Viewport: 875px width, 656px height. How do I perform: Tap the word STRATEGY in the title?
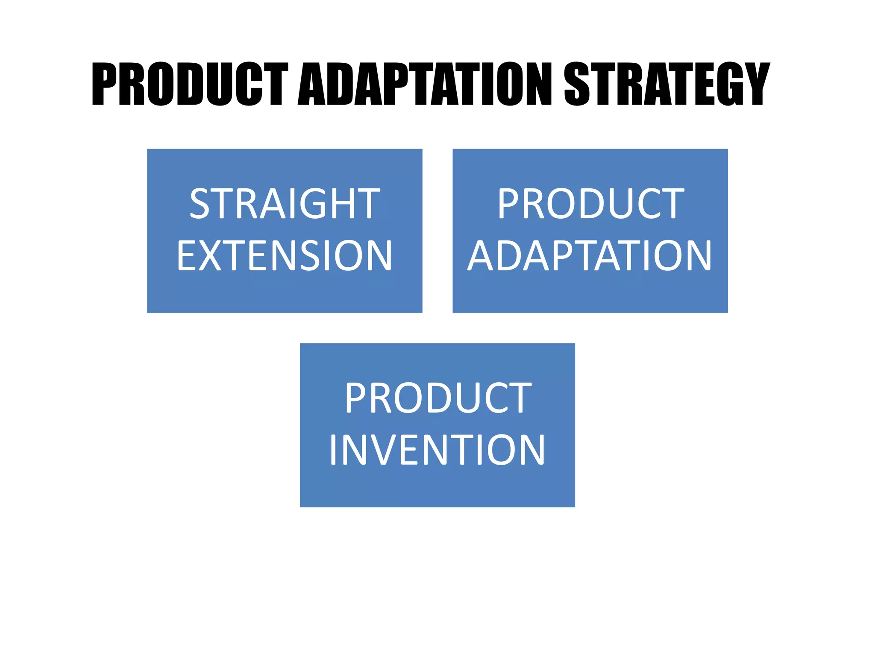point(667,84)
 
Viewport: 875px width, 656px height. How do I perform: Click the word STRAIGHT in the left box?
point(285,204)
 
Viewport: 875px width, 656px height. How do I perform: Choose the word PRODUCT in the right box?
point(591,204)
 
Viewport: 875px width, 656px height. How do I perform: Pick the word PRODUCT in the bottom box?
point(438,398)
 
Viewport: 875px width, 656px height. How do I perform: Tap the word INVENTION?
point(437,450)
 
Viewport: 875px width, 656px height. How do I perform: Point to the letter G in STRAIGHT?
point(318,204)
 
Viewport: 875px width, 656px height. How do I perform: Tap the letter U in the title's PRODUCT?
point(220,84)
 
